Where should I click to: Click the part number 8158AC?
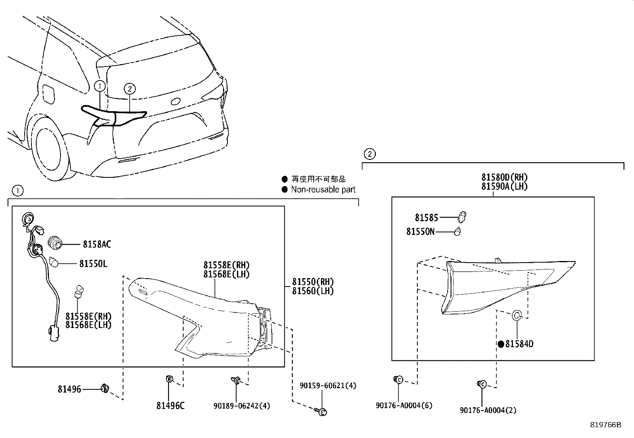pyautogui.click(x=97, y=244)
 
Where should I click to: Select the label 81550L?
pyautogui.click(x=93, y=263)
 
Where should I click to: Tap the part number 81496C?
pyautogui.click(x=170, y=406)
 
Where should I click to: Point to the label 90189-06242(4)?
pyautogui.click(x=242, y=406)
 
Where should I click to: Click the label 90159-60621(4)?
pyautogui.click(x=328, y=385)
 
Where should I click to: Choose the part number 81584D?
pyautogui.click(x=519, y=344)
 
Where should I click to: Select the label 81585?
pyautogui.click(x=426, y=218)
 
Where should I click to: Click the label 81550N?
pyautogui.click(x=420, y=232)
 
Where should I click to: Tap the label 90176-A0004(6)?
pyautogui.click(x=404, y=405)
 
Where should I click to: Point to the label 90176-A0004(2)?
pyautogui.click(x=488, y=410)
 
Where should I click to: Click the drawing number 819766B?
pyautogui.click(x=605, y=425)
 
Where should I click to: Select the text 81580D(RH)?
pyautogui.click(x=504, y=177)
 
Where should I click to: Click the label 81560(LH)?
pyautogui.click(x=313, y=291)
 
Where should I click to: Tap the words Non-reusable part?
pyautogui.click(x=323, y=190)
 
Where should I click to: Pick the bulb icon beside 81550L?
pyautogui.click(x=54, y=262)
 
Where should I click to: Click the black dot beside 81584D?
pyautogui.click(x=501, y=344)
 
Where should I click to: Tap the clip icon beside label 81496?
pyautogui.click(x=106, y=387)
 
